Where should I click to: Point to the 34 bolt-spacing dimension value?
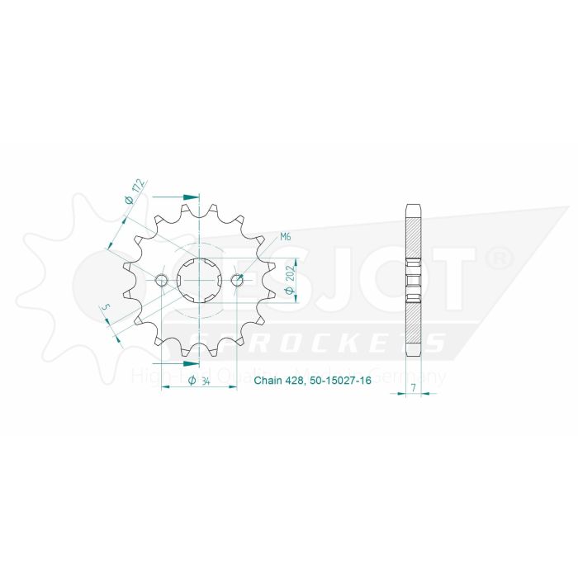click(x=199, y=380)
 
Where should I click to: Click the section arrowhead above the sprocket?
click(x=191, y=197)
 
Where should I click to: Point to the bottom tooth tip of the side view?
click(x=414, y=353)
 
